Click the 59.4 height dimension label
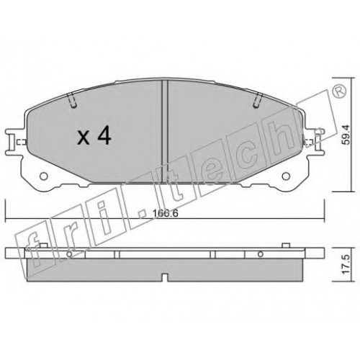(x=346, y=135)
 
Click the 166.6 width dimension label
(x=166, y=213)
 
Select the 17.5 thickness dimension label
(x=346, y=264)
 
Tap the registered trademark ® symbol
(x=340, y=91)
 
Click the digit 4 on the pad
(x=104, y=136)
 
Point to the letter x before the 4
(x=84, y=139)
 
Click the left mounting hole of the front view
(x=43, y=176)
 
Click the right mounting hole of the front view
(x=286, y=176)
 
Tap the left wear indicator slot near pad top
(x=72, y=100)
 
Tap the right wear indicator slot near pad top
(x=258, y=100)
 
